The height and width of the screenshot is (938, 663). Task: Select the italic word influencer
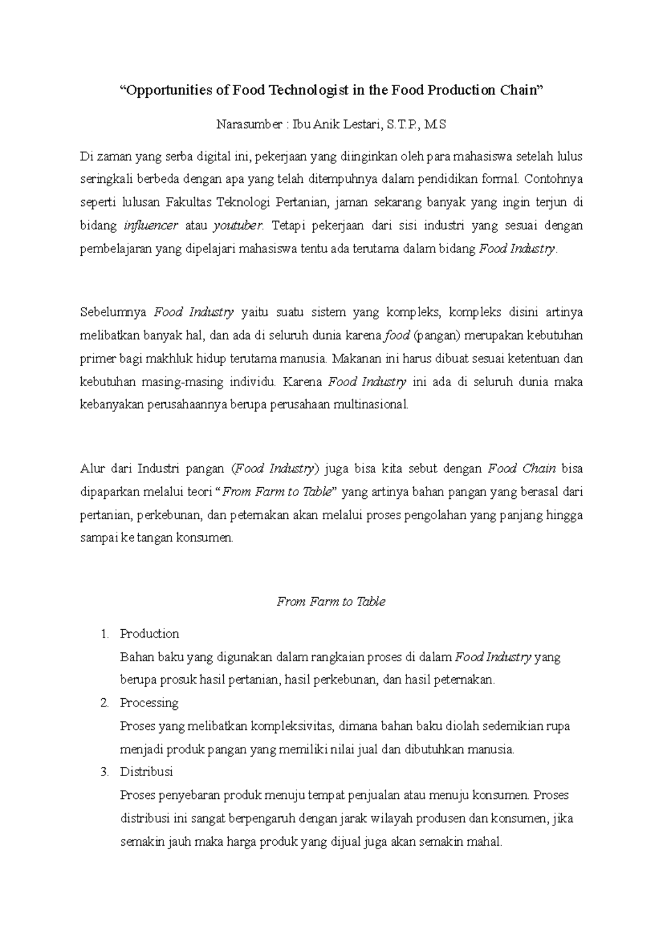tap(151, 225)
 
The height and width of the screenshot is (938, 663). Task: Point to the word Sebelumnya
tap(113, 312)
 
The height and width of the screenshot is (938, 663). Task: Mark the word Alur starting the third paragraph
tap(91, 469)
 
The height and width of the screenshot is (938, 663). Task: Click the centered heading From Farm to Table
tap(331, 602)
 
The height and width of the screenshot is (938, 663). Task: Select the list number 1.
tap(105, 634)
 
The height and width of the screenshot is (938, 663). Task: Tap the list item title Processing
tap(149, 703)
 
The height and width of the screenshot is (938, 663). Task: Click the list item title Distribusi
tap(146, 772)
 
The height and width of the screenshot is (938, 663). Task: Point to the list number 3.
tap(105, 772)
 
